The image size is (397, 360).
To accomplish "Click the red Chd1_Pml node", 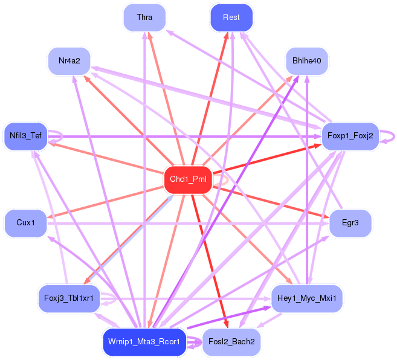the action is pyautogui.click(x=188, y=180).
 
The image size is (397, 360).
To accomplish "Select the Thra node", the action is pyautogui.click(x=144, y=18).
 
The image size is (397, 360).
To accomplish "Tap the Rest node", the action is pyautogui.click(x=231, y=18).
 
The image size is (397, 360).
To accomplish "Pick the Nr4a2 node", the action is pyautogui.click(x=69, y=61).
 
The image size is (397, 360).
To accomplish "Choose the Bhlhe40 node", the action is pyautogui.click(x=306, y=61).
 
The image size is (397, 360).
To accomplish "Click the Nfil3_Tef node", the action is pyautogui.click(x=25, y=137).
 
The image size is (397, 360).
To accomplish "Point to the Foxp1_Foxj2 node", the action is pyautogui.click(x=350, y=137).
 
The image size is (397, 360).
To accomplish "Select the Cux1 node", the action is pyautogui.click(x=25, y=223).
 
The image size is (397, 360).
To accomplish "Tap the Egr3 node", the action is pyautogui.click(x=350, y=223).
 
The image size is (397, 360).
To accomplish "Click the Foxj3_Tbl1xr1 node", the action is pyautogui.click(x=69, y=299).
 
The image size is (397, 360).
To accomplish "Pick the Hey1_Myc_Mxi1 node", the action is pyautogui.click(x=306, y=299).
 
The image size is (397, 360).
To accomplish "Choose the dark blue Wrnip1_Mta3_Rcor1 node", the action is pyautogui.click(x=144, y=342).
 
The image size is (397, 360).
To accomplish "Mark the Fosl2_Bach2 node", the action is pyautogui.click(x=231, y=342).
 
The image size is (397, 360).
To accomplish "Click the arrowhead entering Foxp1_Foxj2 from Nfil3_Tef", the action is pyautogui.click(x=318, y=137).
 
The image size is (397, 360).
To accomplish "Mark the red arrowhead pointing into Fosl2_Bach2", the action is pyautogui.click(x=227, y=324).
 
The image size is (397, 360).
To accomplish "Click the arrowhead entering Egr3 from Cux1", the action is pyautogui.click(x=326, y=223).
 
